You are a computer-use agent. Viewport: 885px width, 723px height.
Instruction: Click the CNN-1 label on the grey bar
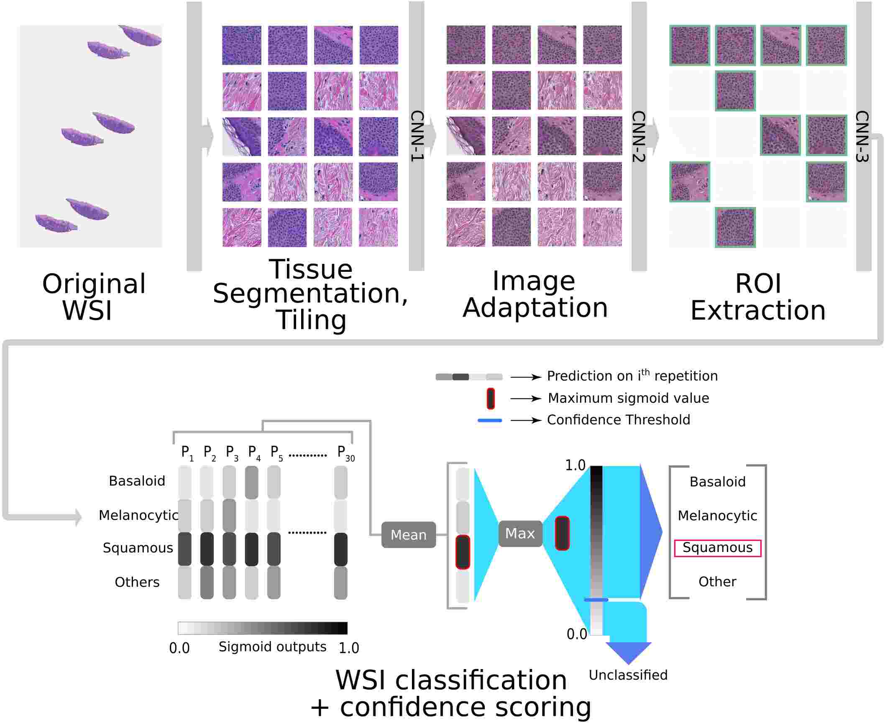point(417,136)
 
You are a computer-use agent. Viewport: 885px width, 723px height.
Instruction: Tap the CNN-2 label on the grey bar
point(639,136)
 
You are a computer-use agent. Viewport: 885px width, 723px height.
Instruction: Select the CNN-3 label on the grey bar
point(862,136)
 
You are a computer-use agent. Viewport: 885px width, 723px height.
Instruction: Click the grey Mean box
point(408,535)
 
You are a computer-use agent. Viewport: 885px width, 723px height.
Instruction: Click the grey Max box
point(520,533)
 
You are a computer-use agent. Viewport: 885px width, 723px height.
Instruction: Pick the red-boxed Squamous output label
point(717,548)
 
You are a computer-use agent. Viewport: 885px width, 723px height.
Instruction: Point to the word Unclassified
point(628,675)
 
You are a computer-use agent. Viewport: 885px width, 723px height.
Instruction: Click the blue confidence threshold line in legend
point(489,420)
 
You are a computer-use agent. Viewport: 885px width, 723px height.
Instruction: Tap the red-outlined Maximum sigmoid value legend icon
point(491,399)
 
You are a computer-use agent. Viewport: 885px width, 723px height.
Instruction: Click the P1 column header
point(187,453)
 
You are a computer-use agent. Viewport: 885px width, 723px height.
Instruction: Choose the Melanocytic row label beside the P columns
point(138,515)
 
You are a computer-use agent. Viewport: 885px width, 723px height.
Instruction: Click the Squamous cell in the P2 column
point(207,549)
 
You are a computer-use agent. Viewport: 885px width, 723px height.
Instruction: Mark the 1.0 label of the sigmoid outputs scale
point(348,648)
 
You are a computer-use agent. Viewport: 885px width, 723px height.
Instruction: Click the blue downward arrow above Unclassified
point(628,652)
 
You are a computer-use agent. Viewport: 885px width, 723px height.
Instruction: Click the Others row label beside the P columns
point(137,582)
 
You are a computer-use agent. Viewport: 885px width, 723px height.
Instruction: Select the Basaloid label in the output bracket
point(717,482)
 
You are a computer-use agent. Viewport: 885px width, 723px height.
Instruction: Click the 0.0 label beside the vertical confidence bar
point(577,634)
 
